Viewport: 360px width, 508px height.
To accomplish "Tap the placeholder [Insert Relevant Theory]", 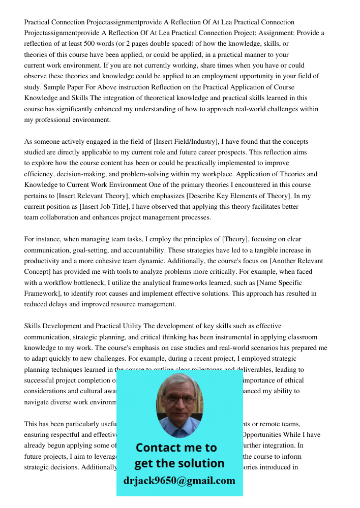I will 87,196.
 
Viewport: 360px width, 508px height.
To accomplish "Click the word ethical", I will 293,380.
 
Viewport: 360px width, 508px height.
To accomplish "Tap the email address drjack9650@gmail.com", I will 179,481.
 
